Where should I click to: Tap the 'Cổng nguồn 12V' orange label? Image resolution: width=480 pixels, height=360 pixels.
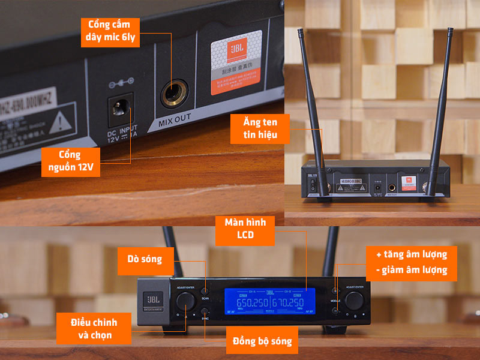point(71,161)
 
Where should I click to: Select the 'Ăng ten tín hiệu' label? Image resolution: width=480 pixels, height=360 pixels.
point(260,129)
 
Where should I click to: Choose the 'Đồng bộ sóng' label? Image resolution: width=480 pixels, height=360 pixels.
point(262,341)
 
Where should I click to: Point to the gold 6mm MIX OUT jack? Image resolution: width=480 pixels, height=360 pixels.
point(174,94)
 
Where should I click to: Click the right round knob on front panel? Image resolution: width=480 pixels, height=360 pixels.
point(356,299)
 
